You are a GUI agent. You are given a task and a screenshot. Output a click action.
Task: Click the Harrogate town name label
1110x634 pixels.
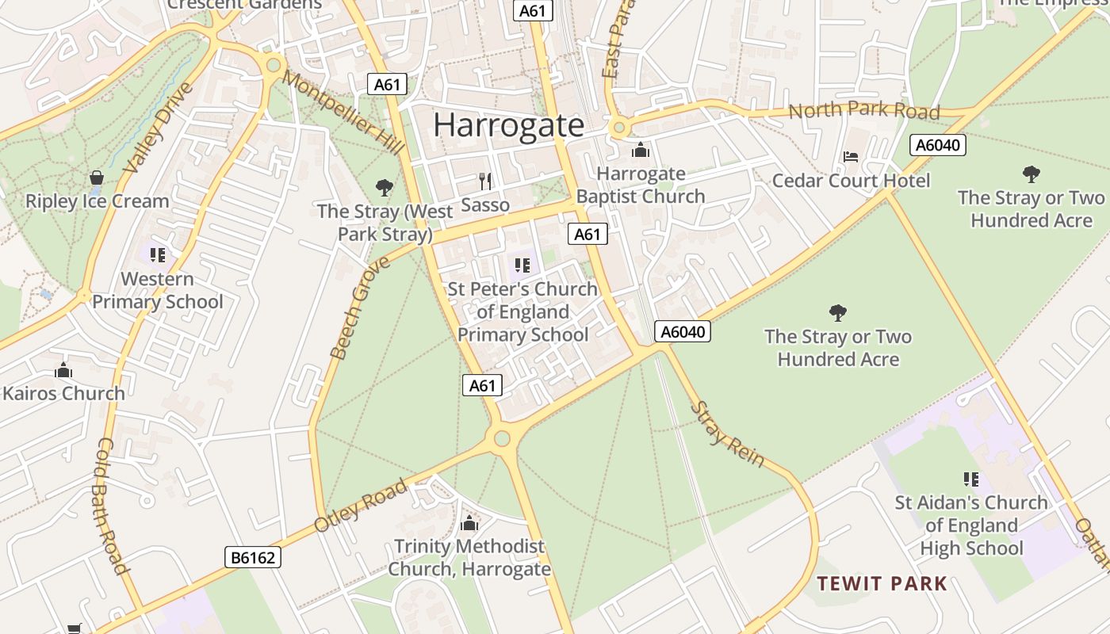pyautogui.click(x=508, y=125)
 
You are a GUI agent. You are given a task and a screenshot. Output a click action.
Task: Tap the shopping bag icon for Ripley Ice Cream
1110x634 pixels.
pyautogui.click(x=97, y=178)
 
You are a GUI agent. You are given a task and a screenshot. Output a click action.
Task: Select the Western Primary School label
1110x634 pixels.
pyautogui.click(x=157, y=290)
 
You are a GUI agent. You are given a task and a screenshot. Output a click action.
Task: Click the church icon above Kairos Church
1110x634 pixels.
pyautogui.click(x=63, y=370)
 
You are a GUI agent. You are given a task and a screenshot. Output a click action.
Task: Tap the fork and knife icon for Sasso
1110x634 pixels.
pyautogui.click(x=485, y=181)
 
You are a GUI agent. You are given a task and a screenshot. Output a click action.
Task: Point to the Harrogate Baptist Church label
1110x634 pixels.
pyautogui.click(x=641, y=185)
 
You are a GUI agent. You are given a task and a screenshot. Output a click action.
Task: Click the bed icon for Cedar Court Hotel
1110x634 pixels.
pyautogui.click(x=851, y=157)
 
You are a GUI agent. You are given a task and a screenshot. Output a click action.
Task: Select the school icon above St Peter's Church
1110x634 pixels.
pyautogui.click(x=522, y=265)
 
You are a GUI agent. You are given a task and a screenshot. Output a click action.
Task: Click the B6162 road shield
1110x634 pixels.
pyautogui.click(x=253, y=557)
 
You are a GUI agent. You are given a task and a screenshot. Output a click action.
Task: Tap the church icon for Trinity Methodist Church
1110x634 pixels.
pyautogui.click(x=469, y=523)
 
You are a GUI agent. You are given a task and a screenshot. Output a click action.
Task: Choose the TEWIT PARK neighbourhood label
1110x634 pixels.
pyautogui.click(x=882, y=584)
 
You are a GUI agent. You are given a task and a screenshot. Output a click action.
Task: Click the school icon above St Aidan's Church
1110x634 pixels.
pyautogui.click(x=970, y=479)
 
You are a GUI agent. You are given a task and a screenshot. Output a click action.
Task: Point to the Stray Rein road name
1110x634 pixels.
pyautogui.click(x=727, y=433)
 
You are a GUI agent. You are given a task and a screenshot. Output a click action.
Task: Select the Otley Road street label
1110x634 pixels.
pyautogui.click(x=361, y=505)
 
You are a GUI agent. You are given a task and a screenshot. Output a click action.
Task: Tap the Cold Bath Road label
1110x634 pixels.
pyautogui.click(x=112, y=506)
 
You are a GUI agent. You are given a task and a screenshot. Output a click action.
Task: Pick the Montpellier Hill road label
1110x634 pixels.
pyautogui.click(x=343, y=112)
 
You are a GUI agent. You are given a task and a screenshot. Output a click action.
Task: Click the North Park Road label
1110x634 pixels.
pyautogui.click(x=863, y=110)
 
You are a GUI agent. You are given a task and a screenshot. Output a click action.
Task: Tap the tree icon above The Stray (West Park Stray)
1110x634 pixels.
pyautogui.click(x=385, y=188)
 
